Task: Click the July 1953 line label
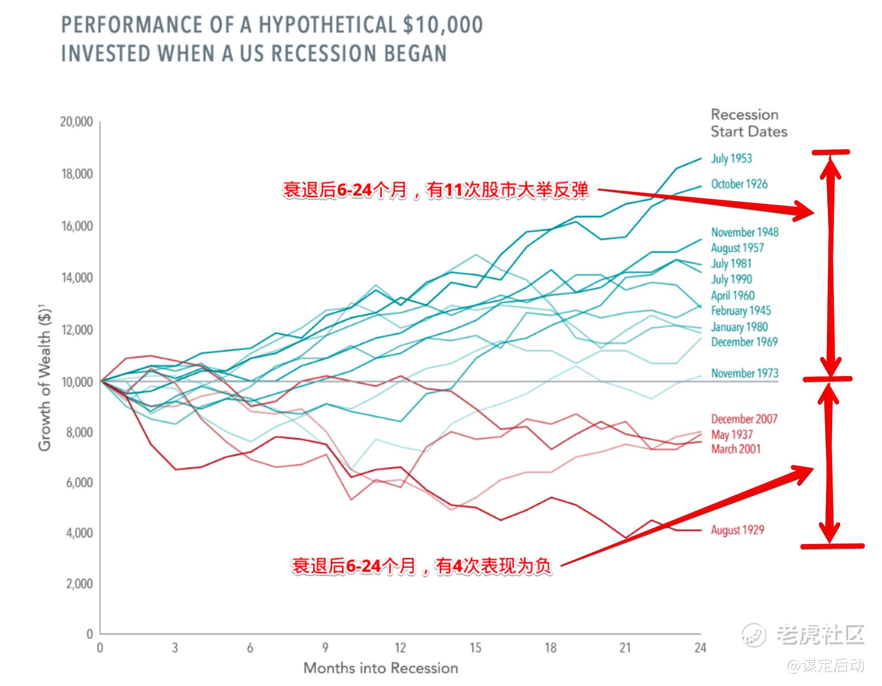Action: point(731,159)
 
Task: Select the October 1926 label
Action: point(739,184)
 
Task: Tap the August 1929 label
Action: point(737,530)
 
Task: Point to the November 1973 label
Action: point(744,373)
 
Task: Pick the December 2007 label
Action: point(744,419)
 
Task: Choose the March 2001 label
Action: point(736,449)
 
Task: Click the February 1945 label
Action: point(741,311)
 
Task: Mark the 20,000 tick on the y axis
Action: point(77,122)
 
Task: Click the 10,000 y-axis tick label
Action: point(77,382)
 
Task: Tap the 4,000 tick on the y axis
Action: point(79,533)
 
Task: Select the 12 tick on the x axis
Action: point(400,648)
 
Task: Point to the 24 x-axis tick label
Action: point(700,648)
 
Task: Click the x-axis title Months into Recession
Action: point(381,668)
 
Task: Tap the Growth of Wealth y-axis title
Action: point(45,379)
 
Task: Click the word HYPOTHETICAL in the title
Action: point(327,25)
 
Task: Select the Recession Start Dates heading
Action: point(748,123)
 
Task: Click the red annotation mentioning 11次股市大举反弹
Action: point(435,190)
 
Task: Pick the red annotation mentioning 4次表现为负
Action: point(421,566)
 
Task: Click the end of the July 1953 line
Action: point(700,159)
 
